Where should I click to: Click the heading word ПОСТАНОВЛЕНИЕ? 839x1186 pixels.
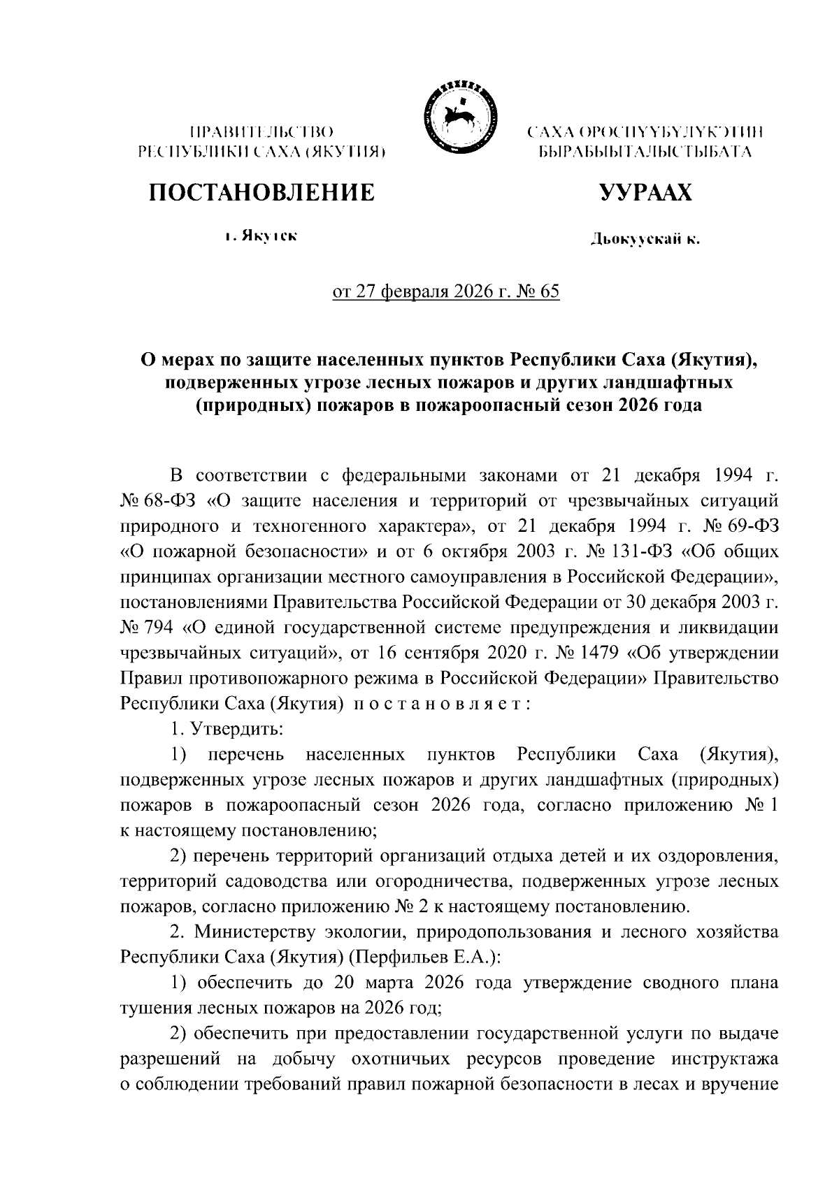260,191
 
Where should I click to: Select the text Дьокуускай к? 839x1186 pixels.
645,240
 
